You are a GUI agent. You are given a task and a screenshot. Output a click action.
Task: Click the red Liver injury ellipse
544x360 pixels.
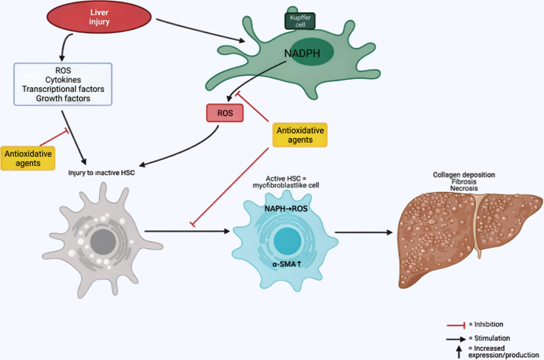pos(99,17)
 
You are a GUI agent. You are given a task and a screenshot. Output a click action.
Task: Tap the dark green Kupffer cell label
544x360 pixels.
pos(300,21)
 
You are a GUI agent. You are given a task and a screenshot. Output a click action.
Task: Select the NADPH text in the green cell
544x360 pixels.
pos(302,53)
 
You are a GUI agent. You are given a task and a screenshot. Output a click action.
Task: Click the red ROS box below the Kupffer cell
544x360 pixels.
pos(225,113)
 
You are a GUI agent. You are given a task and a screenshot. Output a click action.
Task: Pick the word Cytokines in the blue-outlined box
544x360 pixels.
pos(63,80)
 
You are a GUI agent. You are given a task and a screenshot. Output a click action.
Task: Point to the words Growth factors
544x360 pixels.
pos(63,98)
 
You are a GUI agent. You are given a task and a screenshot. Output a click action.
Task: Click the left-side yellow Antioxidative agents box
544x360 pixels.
pos(28,158)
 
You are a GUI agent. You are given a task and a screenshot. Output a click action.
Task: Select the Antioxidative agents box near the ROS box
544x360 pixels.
pos(300,135)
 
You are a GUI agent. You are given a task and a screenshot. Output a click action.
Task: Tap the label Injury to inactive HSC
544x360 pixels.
pos(101,173)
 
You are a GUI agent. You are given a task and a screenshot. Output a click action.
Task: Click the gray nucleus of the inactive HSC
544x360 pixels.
pos(103,242)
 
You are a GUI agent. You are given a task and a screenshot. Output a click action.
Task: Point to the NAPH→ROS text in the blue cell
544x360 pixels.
pos(286,209)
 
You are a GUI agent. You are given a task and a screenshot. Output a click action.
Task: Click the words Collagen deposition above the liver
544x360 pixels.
pos(464,175)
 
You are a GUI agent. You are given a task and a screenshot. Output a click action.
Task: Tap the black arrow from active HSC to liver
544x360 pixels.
pos(363,232)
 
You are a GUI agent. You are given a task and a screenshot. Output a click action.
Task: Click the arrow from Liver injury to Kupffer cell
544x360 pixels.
pos(200,30)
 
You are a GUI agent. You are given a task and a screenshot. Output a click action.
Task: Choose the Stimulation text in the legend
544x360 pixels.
pos(492,338)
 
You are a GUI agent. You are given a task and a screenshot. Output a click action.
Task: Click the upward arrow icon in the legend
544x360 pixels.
pos(459,352)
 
